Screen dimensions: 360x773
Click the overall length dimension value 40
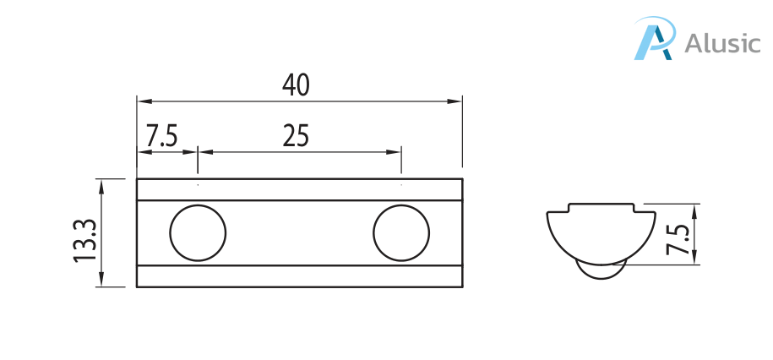pyautogui.click(x=297, y=85)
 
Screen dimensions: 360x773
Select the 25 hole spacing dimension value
pyautogui.click(x=296, y=135)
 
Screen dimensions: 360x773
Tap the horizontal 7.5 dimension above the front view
pyautogui.click(x=161, y=135)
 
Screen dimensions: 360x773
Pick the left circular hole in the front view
pyautogui.click(x=198, y=232)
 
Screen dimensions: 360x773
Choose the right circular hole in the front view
pyautogui.click(x=401, y=232)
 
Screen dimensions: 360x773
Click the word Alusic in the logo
pyautogui.click(x=722, y=43)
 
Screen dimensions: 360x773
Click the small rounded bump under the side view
pyautogui.click(x=600, y=271)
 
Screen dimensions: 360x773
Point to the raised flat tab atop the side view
pyautogui.click(x=600, y=208)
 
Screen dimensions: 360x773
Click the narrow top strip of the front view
pyautogui.click(x=300, y=190)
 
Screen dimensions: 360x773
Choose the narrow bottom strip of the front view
pyautogui.click(x=300, y=276)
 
